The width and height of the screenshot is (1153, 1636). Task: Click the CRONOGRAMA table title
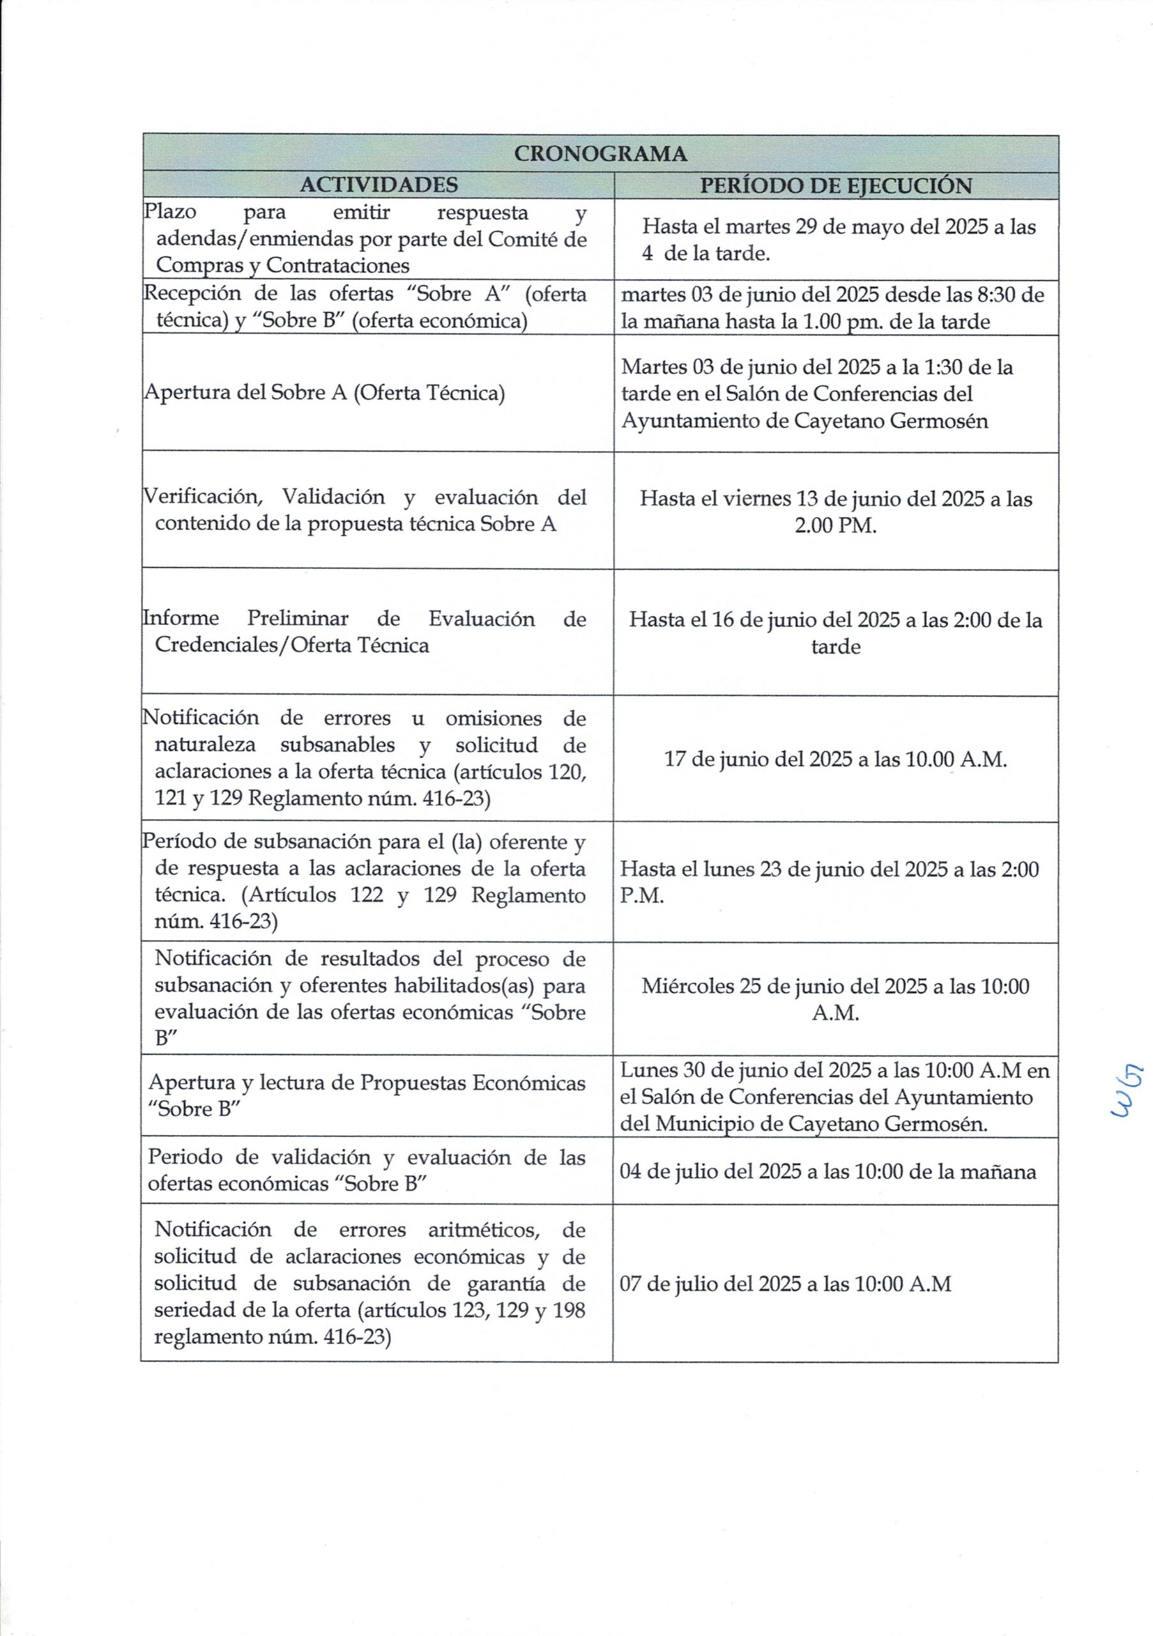coord(600,154)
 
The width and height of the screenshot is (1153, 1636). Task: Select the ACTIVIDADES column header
coord(378,185)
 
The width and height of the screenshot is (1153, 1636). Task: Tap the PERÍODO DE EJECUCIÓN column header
coord(836,186)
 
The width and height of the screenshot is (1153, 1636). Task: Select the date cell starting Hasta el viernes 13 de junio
coord(836,512)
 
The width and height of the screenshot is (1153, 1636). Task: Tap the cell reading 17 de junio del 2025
coord(836,760)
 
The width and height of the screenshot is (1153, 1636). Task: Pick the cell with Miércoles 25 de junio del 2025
coord(836,999)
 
